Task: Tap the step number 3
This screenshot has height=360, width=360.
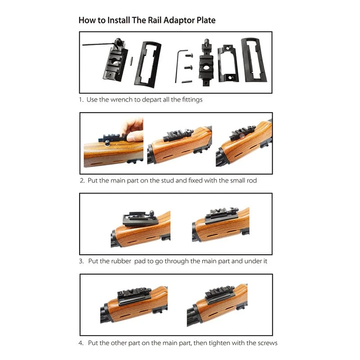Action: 81,261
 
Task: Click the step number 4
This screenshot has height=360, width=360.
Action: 81,343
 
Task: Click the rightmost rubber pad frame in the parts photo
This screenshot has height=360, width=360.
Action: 253,61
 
